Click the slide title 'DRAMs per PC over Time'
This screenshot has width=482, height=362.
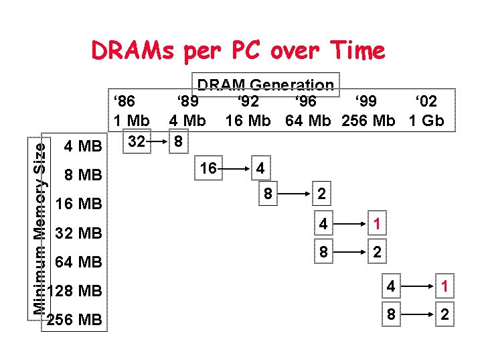tap(238, 50)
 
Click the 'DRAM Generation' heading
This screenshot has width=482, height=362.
tap(265, 85)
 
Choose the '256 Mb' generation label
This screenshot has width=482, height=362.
tap(369, 121)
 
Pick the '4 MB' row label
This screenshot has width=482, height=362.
tap(82, 146)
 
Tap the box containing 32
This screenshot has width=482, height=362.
tap(137, 141)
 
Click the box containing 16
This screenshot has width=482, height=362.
tap(209, 168)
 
